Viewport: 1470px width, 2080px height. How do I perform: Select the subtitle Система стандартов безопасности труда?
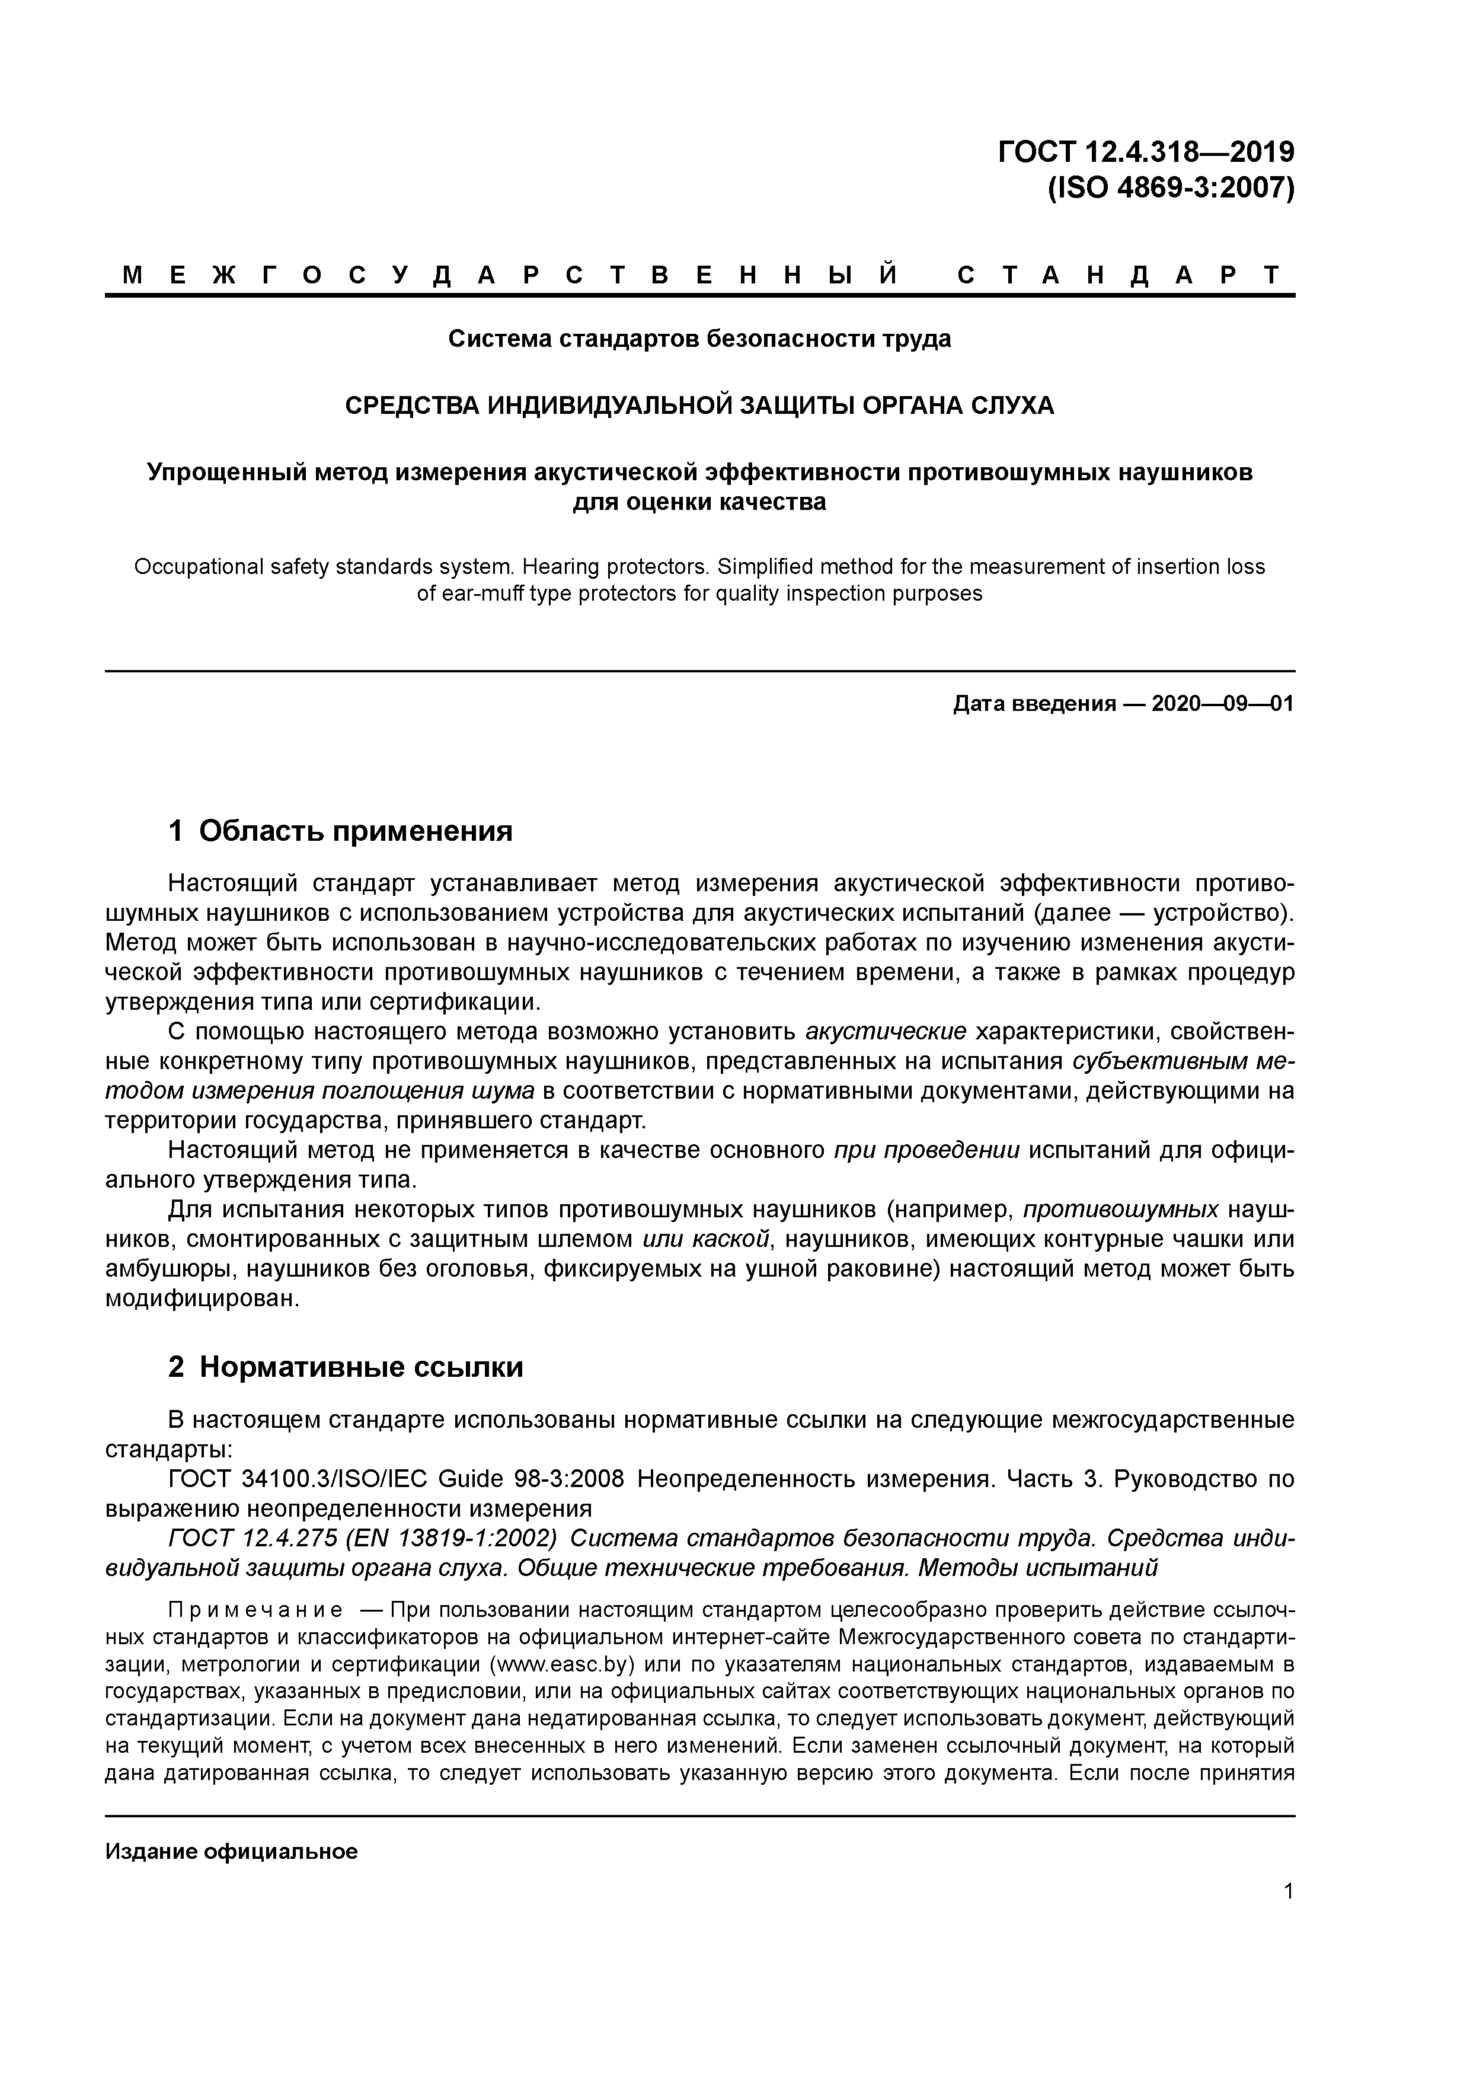coord(699,339)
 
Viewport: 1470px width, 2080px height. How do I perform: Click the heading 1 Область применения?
coord(341,830)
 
